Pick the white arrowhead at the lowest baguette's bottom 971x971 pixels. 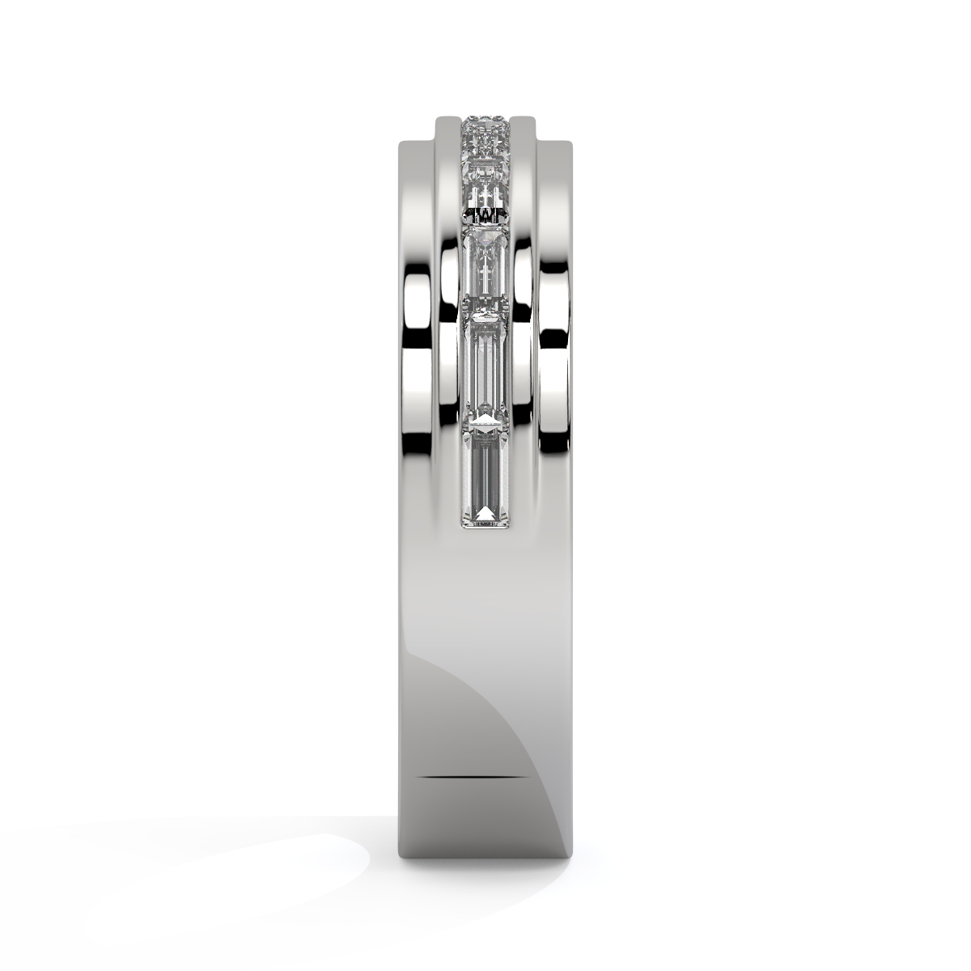pyautogui.click(x=485, y=513)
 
